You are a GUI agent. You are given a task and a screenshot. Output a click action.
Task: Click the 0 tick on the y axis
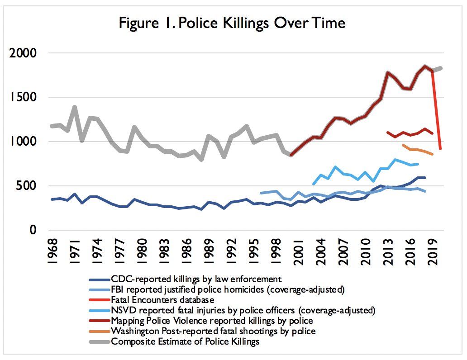click(x=33, y=230)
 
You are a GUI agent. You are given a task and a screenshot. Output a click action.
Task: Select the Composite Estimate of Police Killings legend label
click(x=185, y=341)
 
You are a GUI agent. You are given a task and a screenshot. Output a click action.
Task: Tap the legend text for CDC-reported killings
click(x=196, y=279)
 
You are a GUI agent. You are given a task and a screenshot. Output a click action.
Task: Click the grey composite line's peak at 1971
click(x=74, y=107)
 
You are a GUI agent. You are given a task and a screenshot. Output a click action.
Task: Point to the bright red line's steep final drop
click(x=437, y=113)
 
